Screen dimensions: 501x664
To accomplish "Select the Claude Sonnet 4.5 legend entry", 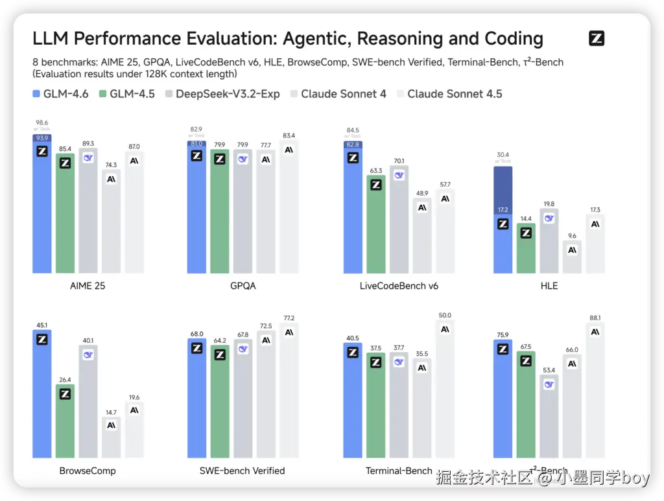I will click(455, 94).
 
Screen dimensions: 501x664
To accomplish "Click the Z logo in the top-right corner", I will click(597, 38).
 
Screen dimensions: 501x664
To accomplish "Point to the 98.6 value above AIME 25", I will click(42, 122).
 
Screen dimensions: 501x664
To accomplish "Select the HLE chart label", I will click(549, 285).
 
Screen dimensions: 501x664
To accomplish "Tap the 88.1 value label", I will click(595, 318).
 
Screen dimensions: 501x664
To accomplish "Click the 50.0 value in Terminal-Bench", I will click(445, 315).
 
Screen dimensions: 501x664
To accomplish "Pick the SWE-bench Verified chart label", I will click(243, 471).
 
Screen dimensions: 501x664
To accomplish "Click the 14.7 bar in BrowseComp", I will click(111, 437).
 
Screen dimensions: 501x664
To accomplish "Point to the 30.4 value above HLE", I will click(503, 154).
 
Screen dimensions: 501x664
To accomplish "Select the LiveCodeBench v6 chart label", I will click(399, 285).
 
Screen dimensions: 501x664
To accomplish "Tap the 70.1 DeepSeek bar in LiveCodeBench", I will click(399, 220).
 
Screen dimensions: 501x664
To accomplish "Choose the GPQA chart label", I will click(243, 285).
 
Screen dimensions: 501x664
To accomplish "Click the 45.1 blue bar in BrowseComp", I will click(42, 395).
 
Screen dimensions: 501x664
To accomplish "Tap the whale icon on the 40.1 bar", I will click(88, 355).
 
